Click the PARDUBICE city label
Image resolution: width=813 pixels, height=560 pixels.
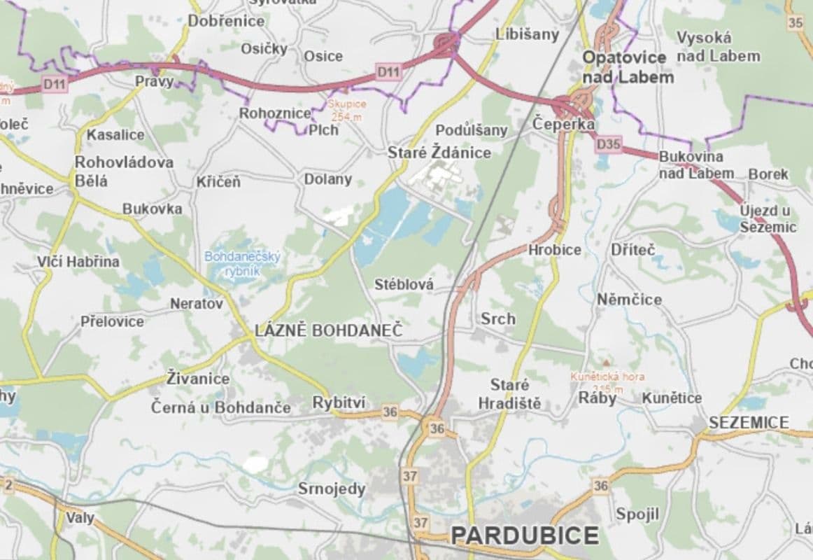[525, 535]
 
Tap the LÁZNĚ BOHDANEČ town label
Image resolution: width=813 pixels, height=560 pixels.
[329, 330]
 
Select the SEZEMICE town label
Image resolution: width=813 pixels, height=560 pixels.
[748, 423]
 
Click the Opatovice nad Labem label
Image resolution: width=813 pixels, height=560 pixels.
[628, 67]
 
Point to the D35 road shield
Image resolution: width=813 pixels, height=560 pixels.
[609, 145]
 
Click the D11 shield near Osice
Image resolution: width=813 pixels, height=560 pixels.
[389, 71]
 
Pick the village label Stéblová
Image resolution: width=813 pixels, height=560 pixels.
[404, 284]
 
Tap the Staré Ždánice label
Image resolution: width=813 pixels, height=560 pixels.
[439, 153]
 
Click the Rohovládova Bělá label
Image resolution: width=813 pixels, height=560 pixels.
[124, 171]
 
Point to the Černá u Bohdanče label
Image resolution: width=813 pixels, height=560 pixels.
[221, 407]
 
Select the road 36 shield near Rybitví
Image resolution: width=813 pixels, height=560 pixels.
[390, 412]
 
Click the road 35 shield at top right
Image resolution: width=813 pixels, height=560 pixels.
[796, 22]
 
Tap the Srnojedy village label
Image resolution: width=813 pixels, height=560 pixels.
[332, 489]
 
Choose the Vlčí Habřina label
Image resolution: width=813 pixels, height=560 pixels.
[78, 262]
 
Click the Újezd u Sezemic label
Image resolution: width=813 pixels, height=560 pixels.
[768, 218]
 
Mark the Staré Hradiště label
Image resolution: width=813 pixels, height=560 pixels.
[509, 394]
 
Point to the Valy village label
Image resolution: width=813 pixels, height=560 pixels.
[80, 518]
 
